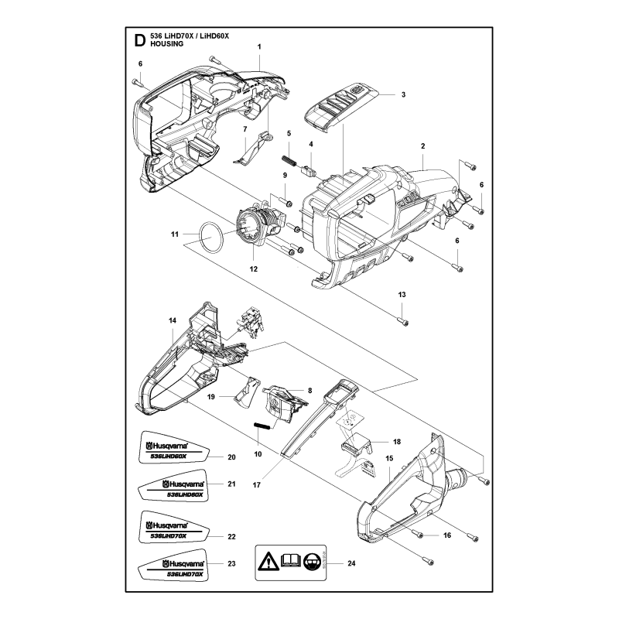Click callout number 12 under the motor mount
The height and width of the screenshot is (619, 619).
tap(252, 269)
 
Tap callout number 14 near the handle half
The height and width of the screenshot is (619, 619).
tap(172, 320)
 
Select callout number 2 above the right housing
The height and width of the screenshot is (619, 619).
tap(423, 145)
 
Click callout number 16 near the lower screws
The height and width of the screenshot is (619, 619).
tap(447, 535)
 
